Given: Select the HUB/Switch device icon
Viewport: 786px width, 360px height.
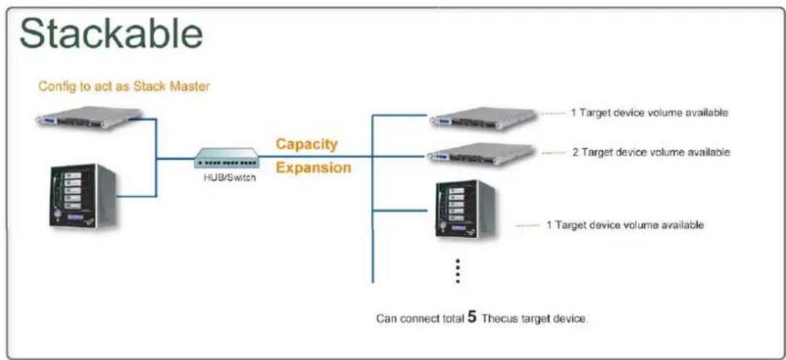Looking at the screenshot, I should point(226,158).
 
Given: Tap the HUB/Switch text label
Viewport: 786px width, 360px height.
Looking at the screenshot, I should point(226,178).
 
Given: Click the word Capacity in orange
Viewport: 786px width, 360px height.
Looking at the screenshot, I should point(306,144).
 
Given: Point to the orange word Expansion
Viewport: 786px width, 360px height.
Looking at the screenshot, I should point(313,168).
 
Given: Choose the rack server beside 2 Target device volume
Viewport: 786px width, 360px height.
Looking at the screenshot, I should point(481,153).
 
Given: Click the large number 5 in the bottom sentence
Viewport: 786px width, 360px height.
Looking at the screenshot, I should point(471,318).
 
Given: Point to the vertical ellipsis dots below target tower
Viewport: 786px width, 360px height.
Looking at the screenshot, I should point(457,272).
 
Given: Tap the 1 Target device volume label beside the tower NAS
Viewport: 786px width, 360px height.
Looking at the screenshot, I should point(625,225).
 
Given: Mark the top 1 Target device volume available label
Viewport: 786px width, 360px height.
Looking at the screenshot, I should point(649,113).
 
